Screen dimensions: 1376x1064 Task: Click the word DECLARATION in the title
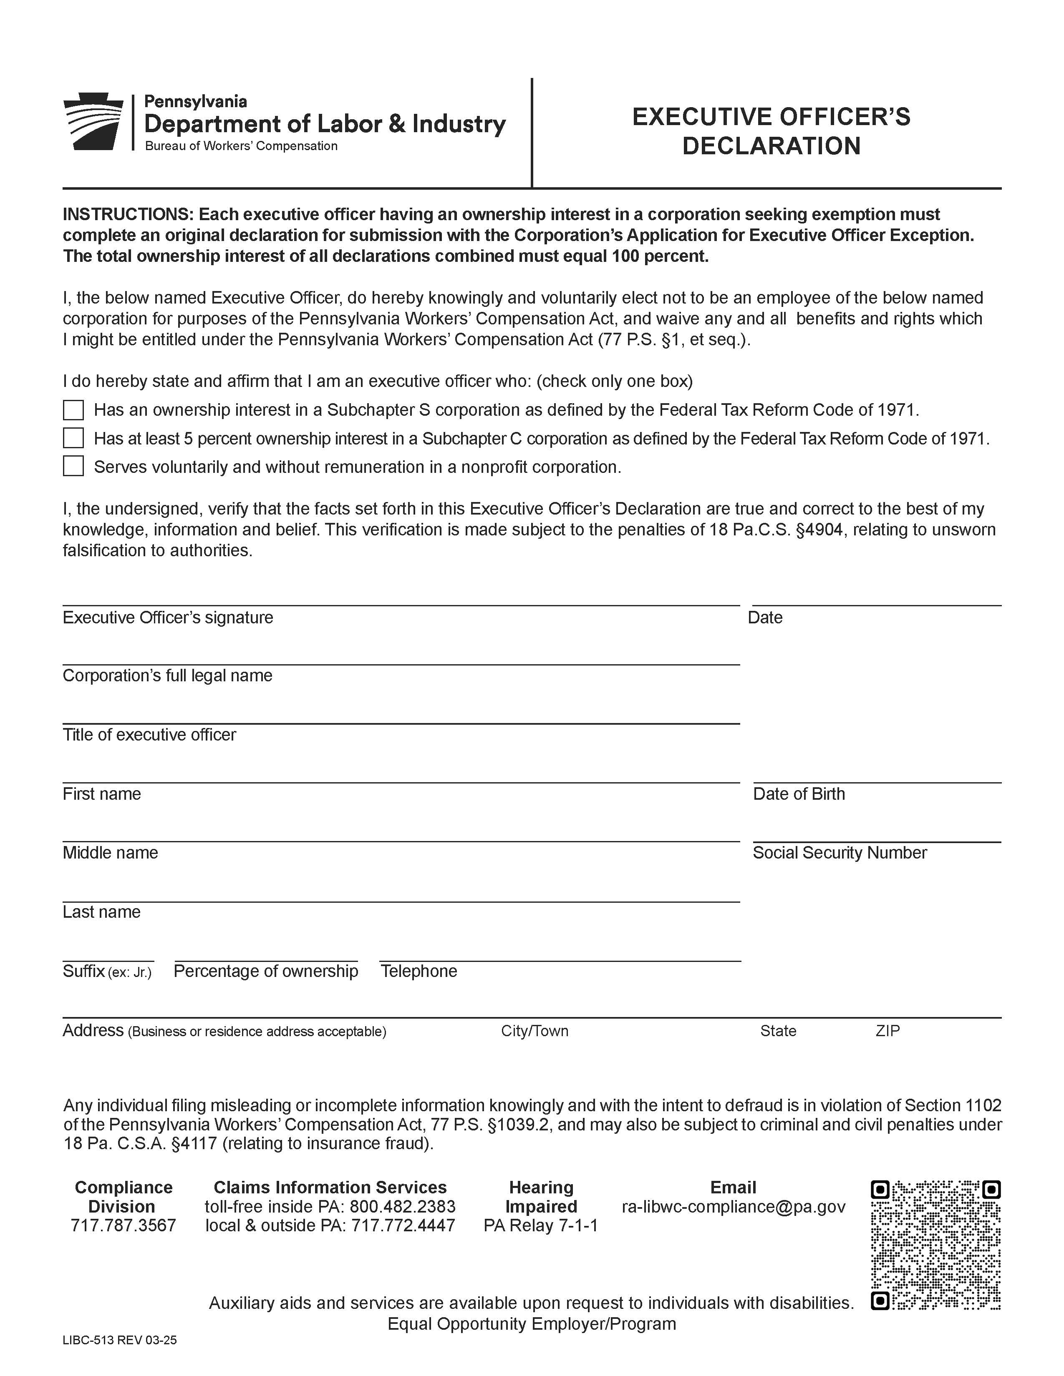(x=771, y=146)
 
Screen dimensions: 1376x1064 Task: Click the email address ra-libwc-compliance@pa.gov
(x=733, y=1207)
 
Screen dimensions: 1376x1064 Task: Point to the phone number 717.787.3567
(x=123, y=1225)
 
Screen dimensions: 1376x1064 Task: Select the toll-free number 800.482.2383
(x=402, y=1207)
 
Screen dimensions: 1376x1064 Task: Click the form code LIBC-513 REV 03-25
(x=119, y=1340)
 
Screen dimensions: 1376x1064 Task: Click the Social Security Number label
(x=839, y=853)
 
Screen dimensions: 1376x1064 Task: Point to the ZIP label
(x=887, y=1031)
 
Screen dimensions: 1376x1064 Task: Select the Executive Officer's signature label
(x=168, y=618)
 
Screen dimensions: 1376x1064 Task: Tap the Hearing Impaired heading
(x=541, y=1197)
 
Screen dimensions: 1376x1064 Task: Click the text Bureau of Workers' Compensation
(x=242, y=146)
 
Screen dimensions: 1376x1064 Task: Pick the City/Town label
(x=535, y=1031)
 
